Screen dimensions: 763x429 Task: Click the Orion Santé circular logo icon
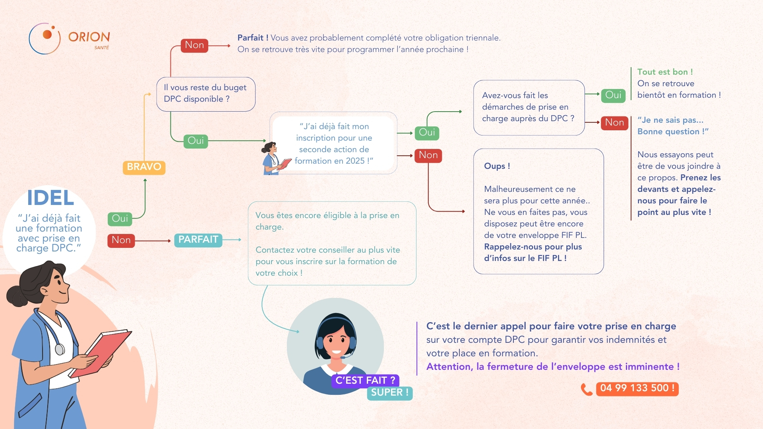point(45,39)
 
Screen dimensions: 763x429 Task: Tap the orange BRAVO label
point(144,167)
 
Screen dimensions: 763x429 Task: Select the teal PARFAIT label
point(198,240)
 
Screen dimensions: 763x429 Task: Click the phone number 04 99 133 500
point(637,388)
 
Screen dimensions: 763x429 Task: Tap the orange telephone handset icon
point(587,389)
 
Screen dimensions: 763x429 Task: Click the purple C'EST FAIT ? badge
point(365,381)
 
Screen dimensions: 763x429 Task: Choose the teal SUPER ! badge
point(390,393)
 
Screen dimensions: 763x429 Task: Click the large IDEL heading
point(50,198)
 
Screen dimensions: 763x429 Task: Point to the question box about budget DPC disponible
point(206,94)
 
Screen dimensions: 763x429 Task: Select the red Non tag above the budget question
point(194,45)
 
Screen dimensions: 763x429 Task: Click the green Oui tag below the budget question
point(196,141)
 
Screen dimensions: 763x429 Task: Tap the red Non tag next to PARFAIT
point(121,240)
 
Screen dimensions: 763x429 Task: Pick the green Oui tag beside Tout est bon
point(613,95)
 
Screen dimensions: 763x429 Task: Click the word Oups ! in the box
point(497,166)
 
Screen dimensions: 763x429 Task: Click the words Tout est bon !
point(665,72)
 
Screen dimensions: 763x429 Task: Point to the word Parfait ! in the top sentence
point(253,38)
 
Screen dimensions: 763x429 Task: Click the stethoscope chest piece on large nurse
point(60,350)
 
